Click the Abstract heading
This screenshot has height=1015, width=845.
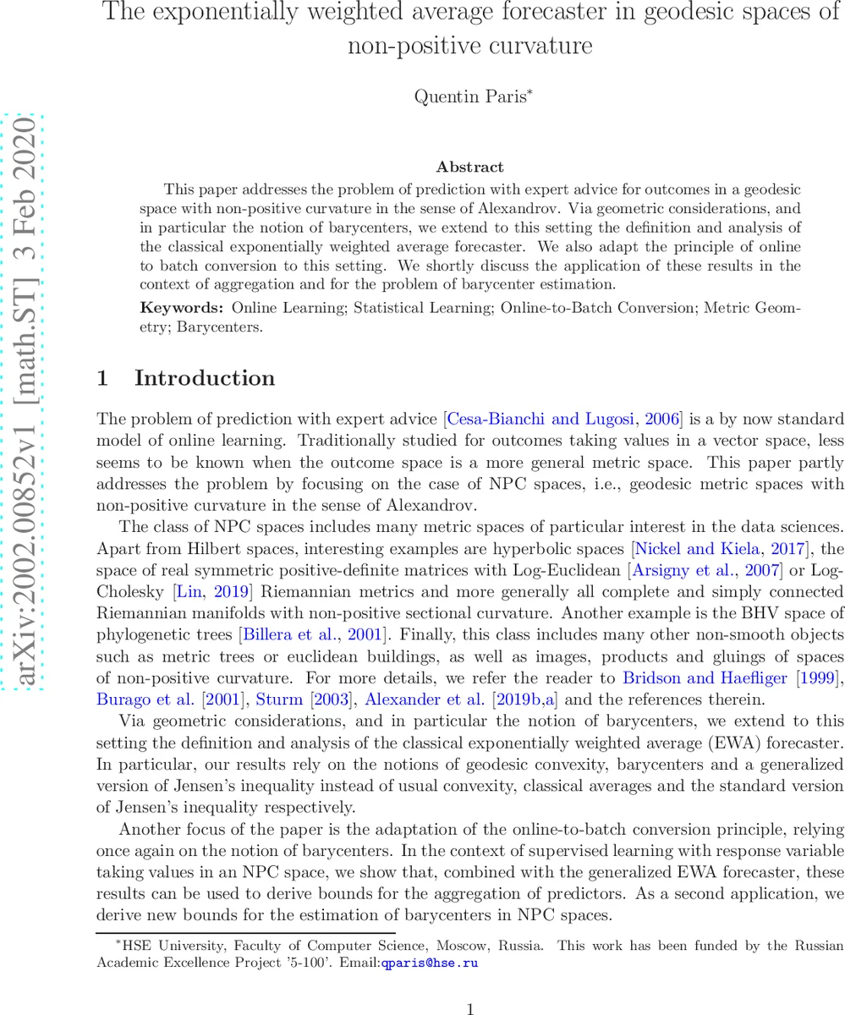[469, 167]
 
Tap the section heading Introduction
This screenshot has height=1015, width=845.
[205, 378]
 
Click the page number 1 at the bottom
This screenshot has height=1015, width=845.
[470, 1007]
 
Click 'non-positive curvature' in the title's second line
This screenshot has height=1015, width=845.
[469, 46]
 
